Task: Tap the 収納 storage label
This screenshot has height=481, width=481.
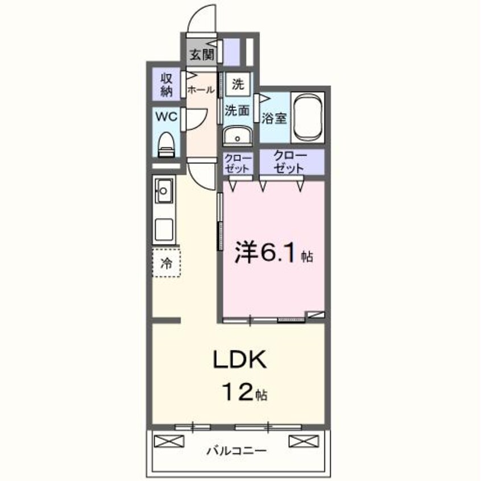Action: pyautogui.click(x=167, y=84)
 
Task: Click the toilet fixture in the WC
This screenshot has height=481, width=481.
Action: pyautogui.click(x=167, y=144)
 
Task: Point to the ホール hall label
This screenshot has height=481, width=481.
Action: pyautogui.click(x=201, y=90)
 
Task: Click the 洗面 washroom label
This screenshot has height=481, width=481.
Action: pyautogui.click(x=237, y=111)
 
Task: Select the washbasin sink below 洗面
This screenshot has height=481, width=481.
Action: pyautogui.click(x=238, y=136)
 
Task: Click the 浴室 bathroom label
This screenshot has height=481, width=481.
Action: pyautogui.click(x=274, y=118)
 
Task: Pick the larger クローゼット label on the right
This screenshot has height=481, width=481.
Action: pyautogui.click(x=291, y=162)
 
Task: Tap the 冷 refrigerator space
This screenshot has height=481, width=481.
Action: pyautogui.click(x=166, y=263)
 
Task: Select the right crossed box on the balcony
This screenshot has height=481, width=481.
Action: pyautogui.click(x=301, y=441)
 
